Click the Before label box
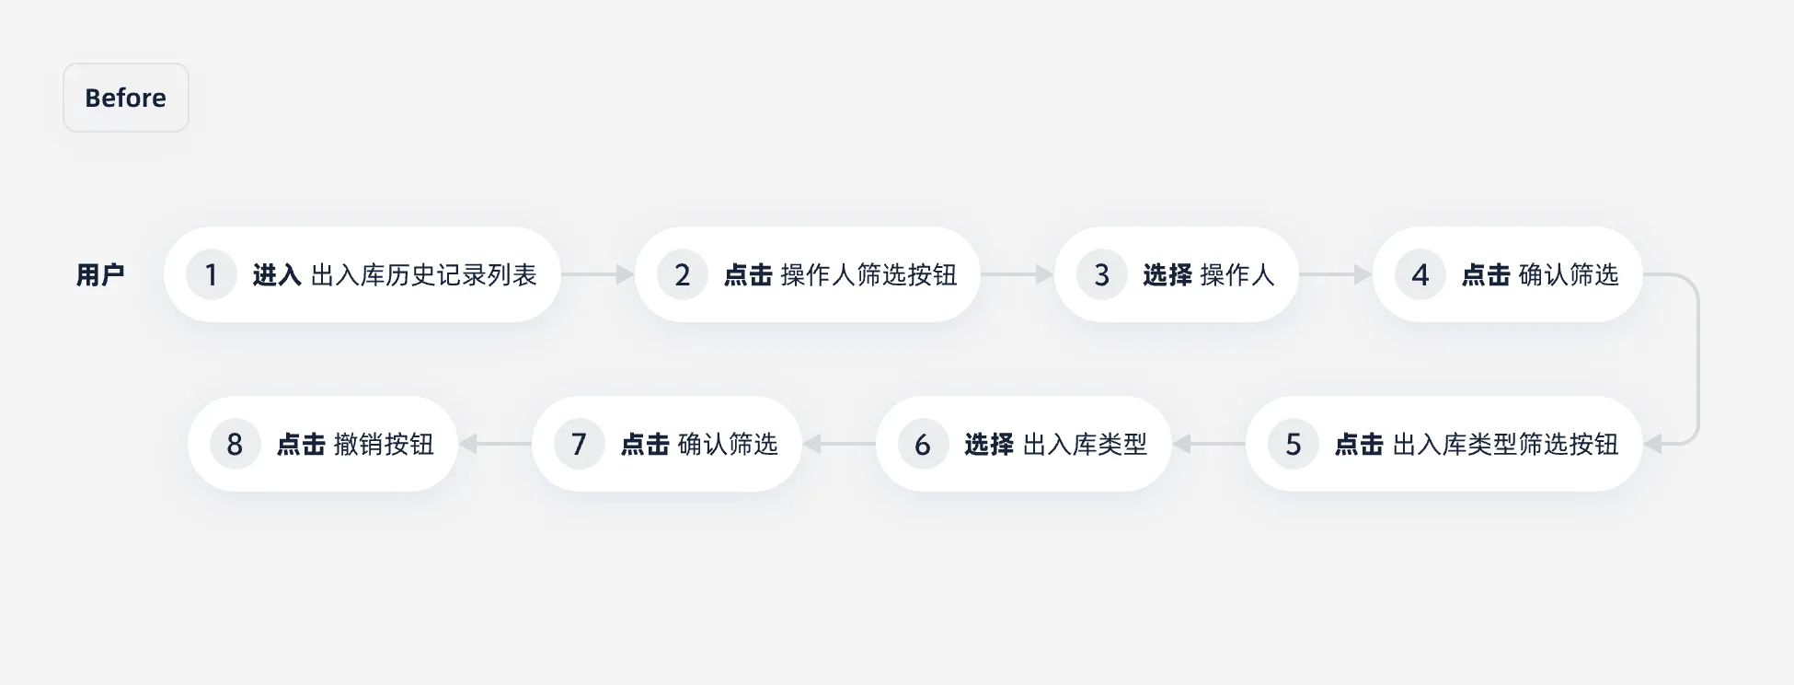coord(125,98)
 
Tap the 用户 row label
coord(100,274)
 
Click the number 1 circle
coord(211,274)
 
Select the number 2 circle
coord(682,274)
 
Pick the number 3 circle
coord(1101,274)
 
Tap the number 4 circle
coord(1420,274)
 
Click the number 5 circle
coord(1293,445)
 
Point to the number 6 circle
coord(923,445)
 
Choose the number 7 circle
coord(579,445)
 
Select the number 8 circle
coord(235,445)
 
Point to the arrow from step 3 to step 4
coord(1336,274)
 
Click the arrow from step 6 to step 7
coord(839,445)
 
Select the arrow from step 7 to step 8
coord(495,445)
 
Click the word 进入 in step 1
coord(277,274)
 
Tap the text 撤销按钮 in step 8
coord(384,445)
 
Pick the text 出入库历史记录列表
coord(424,274)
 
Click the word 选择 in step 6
coord(989,445)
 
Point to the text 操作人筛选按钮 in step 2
coord(868,274)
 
